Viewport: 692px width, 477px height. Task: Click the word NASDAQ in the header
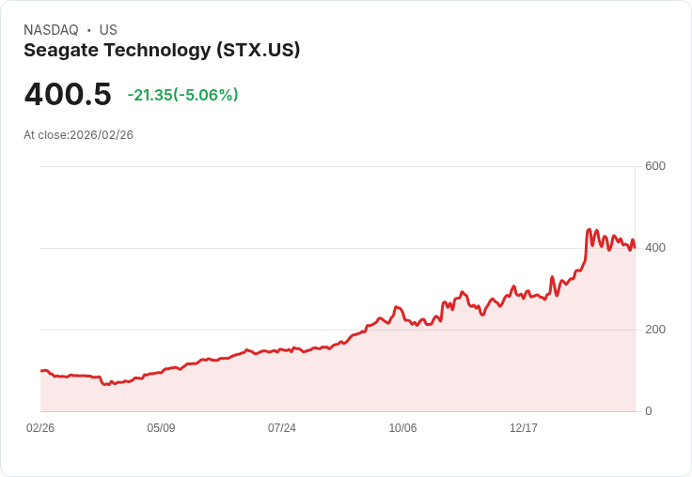(x=51, y=30)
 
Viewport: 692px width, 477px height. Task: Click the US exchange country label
(x=108, y=30)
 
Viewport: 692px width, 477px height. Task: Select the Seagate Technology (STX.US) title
(x=162, y=51)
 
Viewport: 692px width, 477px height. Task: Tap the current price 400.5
(x=68, y=95)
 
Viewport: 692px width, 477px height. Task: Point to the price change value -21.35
(x=149, y=95)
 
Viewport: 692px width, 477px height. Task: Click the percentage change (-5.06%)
(x=206, y=95)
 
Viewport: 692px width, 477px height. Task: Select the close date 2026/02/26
(x=102, y=135)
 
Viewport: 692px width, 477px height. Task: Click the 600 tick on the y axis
(x=654, y=166)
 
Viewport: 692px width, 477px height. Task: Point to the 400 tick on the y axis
(x=654, y=248)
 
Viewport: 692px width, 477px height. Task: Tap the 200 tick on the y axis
(x=654, y=330)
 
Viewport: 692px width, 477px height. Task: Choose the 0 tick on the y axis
(x=649, y=411)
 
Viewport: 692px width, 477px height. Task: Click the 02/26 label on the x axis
(x=40, y=428)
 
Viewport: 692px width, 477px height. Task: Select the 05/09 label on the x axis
(x=161, y=428)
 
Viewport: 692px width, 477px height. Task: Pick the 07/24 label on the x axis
(x=282, y=428)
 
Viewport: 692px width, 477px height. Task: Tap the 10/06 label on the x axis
(x=402, y=428)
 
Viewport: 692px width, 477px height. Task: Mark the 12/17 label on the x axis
(x=524, y=428)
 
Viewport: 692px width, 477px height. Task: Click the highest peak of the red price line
(x=590, y=229)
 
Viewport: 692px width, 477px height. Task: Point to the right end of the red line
(x=635, y=247)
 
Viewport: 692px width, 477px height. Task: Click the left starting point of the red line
(x=41, y=371)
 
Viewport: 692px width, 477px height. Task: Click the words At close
(x=45, y=135)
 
